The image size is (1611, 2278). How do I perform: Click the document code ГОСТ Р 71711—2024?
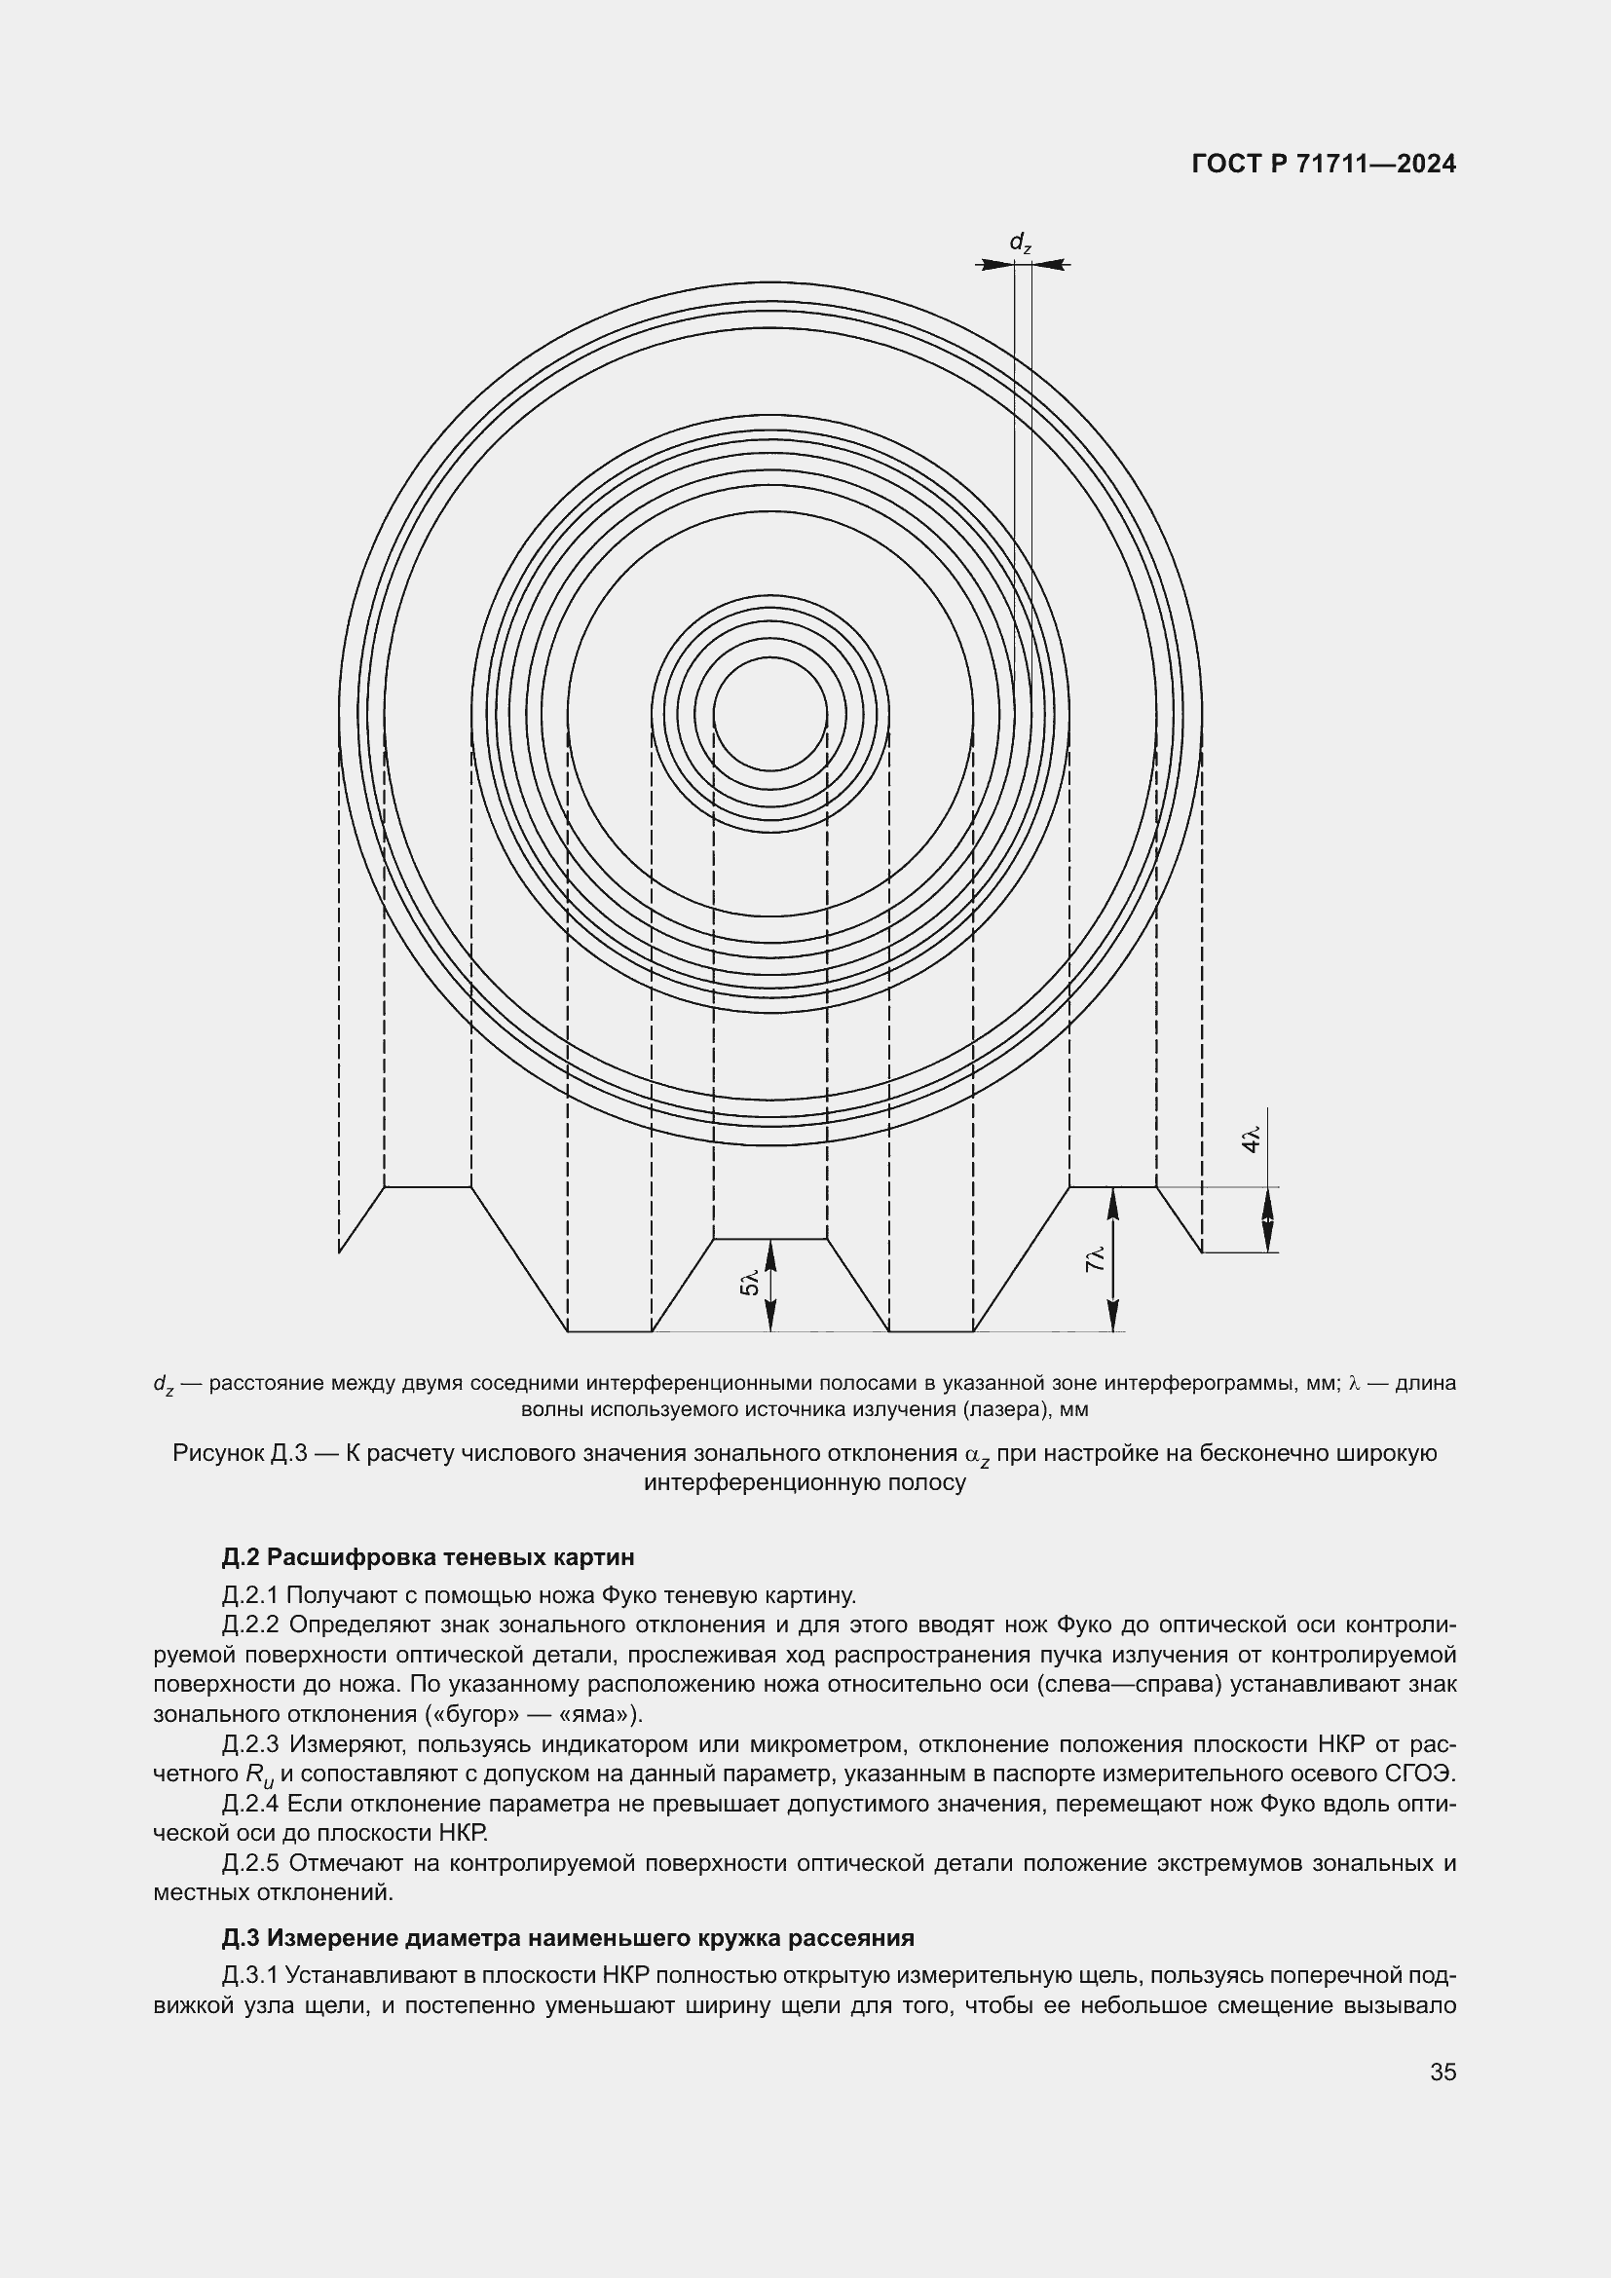tap(1324, 164)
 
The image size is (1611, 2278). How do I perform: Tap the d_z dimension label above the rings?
tap(1020, 243)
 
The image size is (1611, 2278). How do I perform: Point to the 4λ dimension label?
tap(1252, 1139)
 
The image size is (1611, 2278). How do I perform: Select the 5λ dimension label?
tap(751, 1283)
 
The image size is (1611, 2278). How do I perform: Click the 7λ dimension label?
tap(1095, 1260)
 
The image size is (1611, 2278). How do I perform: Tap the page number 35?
tap(1442, 2072)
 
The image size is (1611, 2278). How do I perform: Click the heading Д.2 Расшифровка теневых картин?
tap(428, 1555)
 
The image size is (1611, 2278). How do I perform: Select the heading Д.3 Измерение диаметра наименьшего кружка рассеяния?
tap(568, 1937)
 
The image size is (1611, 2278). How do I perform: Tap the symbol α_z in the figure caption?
tap(977, 1455)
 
